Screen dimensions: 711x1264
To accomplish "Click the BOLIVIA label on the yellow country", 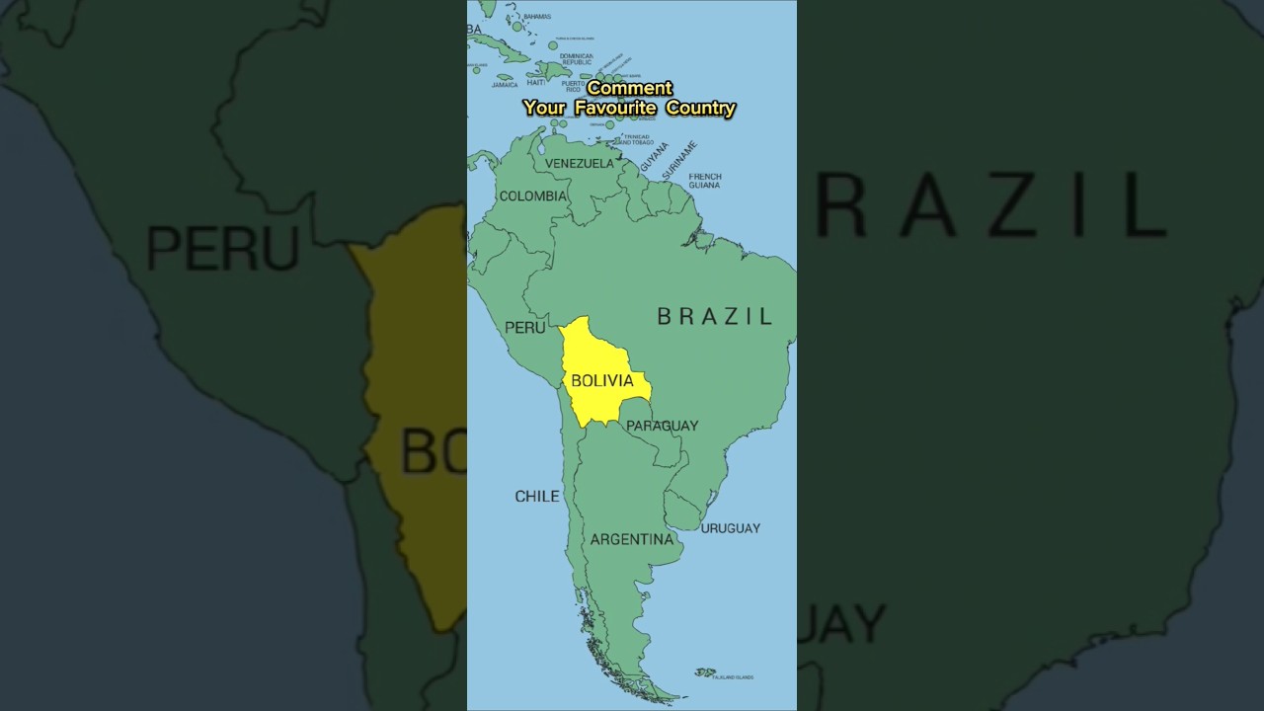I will coord(602,381).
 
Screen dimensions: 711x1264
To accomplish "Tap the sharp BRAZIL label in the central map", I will coord(715,316).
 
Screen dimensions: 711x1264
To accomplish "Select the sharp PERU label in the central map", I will coord(524,327).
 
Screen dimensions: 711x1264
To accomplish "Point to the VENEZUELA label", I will coord(580,163).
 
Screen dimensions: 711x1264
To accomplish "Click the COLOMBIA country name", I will coord(533,196).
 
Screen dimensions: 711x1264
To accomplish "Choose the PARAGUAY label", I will coord(662,426).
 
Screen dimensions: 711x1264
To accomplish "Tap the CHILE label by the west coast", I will coord(537,496).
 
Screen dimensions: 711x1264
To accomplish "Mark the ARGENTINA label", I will coord(632,539).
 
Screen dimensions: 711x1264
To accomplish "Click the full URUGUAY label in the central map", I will coord(731,528).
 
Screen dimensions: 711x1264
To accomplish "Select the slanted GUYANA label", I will coord(654,156).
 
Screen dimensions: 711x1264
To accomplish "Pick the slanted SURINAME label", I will coord(679,158).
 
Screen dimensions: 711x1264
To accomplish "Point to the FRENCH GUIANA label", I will coord(705,181).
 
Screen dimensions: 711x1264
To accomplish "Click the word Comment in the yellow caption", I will coord(629,88).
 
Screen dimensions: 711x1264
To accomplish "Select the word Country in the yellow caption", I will coord(700,108).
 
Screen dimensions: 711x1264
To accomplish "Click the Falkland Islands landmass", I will coord(705,672).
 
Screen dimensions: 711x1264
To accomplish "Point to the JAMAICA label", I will coord(505,85).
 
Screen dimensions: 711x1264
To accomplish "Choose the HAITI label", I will coord(536,82).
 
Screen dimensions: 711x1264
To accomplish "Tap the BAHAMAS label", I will coord(537,17).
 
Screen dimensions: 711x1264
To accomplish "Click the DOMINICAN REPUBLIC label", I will coord(577,58).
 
